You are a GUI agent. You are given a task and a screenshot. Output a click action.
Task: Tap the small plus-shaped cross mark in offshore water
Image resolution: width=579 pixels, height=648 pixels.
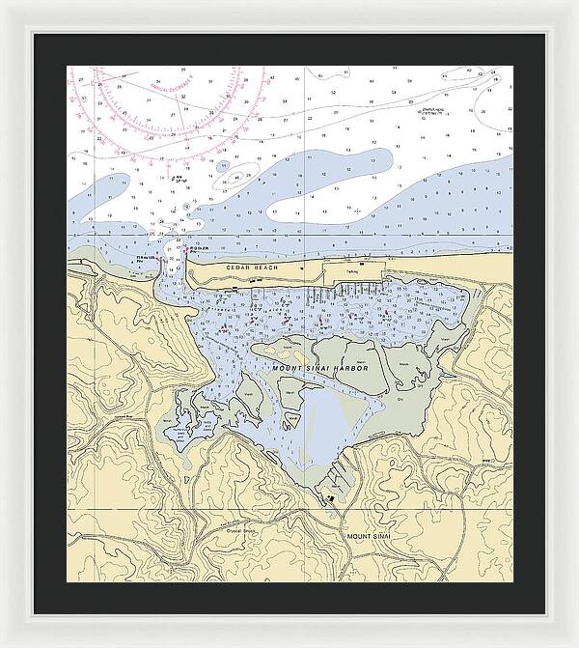pyautogui.click(x=358, y=209)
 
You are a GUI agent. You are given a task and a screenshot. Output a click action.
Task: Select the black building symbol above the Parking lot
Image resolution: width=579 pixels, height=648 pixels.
pyautogui.click(x=361, y=262)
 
